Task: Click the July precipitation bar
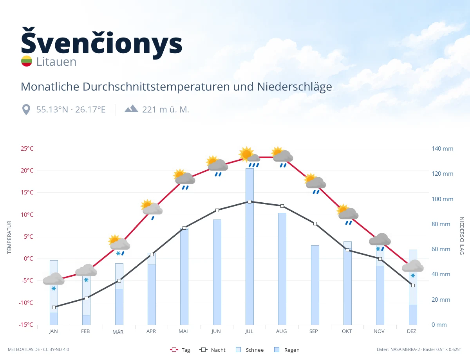[249, 247]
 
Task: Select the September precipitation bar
[315, 285]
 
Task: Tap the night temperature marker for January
[54, 307]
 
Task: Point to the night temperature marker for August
[282, 206]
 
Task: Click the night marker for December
[413, 285]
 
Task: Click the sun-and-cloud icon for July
[250, 157]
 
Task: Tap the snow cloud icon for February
[86, 273]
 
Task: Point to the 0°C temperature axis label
[29, 258]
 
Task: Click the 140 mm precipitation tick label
[442, 149]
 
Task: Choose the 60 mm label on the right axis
[441, 249]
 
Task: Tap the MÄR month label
[118, 332]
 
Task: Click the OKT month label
[347, 331]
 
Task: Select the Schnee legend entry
[250, 350]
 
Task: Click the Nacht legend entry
[212, 350]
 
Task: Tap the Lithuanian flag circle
[27, 61]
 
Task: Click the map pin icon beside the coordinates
[26, 110]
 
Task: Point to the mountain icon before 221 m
[131, 109]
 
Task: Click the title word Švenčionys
[101, 43]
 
